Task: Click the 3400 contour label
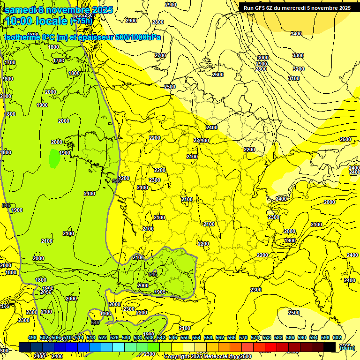[x=296, y=34]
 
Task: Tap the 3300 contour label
[x=298, y=55]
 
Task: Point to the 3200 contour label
[x=298, y=69]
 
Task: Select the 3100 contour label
[x=293, y=78]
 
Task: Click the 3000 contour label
[x=262, y=58]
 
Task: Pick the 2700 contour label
[x=160, y=55]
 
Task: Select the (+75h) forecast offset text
[x=81, y=21]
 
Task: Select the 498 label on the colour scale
[x=32, y=338]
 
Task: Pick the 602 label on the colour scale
[x=337, y=338]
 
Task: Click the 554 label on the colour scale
[x=196, y=338]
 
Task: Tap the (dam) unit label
[x=347, y=347]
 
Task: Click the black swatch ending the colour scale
[x=330, y=347]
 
